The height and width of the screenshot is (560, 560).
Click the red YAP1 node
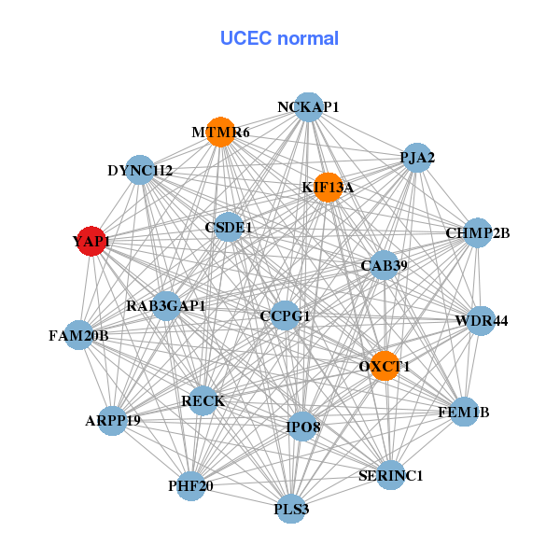pyautogui.click(x=91, y=241)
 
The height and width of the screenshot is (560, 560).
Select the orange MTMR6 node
pyautogui.click(x=220, y=132)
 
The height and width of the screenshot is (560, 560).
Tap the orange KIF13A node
pyautogui.click(x=328, y=187)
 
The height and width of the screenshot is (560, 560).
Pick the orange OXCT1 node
pyautogui.click(x=384, y=366)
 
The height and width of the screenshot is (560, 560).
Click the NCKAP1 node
pyautogui.click(x=308, y=107)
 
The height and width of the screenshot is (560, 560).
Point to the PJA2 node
pyautogui.click(x=417, y=158)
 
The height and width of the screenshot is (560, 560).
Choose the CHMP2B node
pyautogui.click(x=477, y=232)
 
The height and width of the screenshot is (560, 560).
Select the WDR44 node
pyautogui.click(x=481, y=320)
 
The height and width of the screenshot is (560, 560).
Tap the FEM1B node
pyautogui.click(x=464, y=411)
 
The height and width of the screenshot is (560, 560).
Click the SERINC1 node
pyautogui.click(x=391, y=475)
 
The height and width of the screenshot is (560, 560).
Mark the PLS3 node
pyautogui.click(x=291, y=509)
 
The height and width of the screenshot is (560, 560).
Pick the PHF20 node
pyautogui.click(x=190, y=485)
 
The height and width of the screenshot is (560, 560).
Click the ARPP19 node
pyautogui.click(x=112, y=420)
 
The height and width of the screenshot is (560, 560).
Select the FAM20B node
pyautogui.click(x=78, y=335)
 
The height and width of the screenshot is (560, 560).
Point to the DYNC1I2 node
pyautogui.click(x=140, y=170)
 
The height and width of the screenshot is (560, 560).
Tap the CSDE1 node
pyautogui.click(x=229, y=227)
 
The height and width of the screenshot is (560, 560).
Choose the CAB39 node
pyautogui.click(x=385, y=265)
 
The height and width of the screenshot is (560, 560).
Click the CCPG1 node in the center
pyautogui.click(x=285, y=315)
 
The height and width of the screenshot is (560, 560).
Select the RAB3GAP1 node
pyautogui.click(x=166, y=305)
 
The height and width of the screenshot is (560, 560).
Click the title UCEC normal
pyautogui.click(x=279, y=38)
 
